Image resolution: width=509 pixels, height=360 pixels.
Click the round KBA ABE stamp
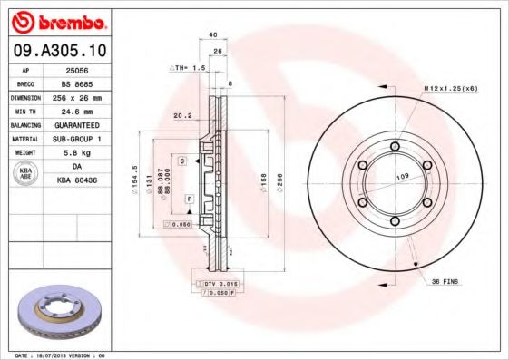point(27,174)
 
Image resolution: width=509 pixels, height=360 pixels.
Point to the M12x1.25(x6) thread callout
point(450,87)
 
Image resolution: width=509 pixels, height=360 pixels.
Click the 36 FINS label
point(445,282)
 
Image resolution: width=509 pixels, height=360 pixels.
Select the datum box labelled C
point(182,161)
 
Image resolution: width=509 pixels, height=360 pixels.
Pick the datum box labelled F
point(189,198)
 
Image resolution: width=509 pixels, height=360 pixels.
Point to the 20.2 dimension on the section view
point(181,115)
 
